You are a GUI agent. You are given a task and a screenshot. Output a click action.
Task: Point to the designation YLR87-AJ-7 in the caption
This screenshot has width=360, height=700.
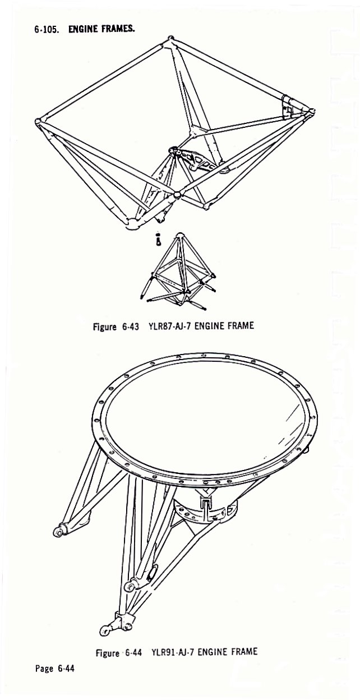tap(171, 326)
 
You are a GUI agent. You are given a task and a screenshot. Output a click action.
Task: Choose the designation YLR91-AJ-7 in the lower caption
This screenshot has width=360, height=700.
tap(174, 652)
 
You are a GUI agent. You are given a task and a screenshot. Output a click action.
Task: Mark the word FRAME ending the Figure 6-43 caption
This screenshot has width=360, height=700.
tap(240, 326)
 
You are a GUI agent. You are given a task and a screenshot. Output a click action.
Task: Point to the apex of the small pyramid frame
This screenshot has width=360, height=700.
tap(179, 234)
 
